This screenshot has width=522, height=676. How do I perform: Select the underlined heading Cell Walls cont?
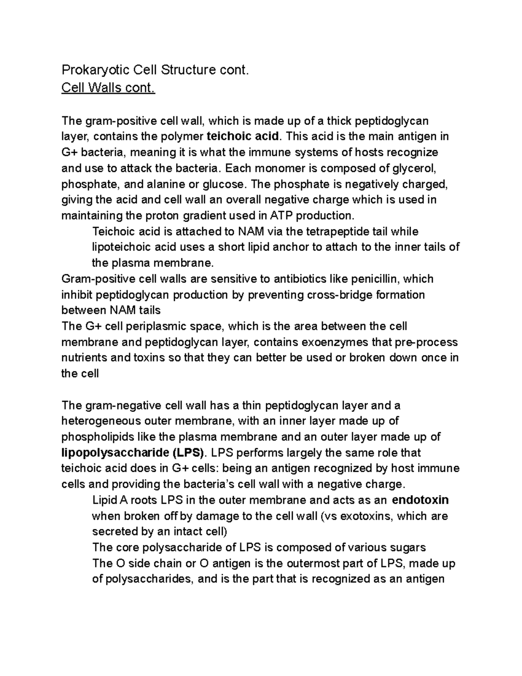point(108,88)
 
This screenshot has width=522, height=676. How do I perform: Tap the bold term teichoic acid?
point(243,136)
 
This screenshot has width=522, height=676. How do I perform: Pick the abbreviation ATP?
point(282,215)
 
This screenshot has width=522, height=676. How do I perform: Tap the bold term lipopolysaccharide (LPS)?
point(133,453)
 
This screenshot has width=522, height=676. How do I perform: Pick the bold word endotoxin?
point(420,500)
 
